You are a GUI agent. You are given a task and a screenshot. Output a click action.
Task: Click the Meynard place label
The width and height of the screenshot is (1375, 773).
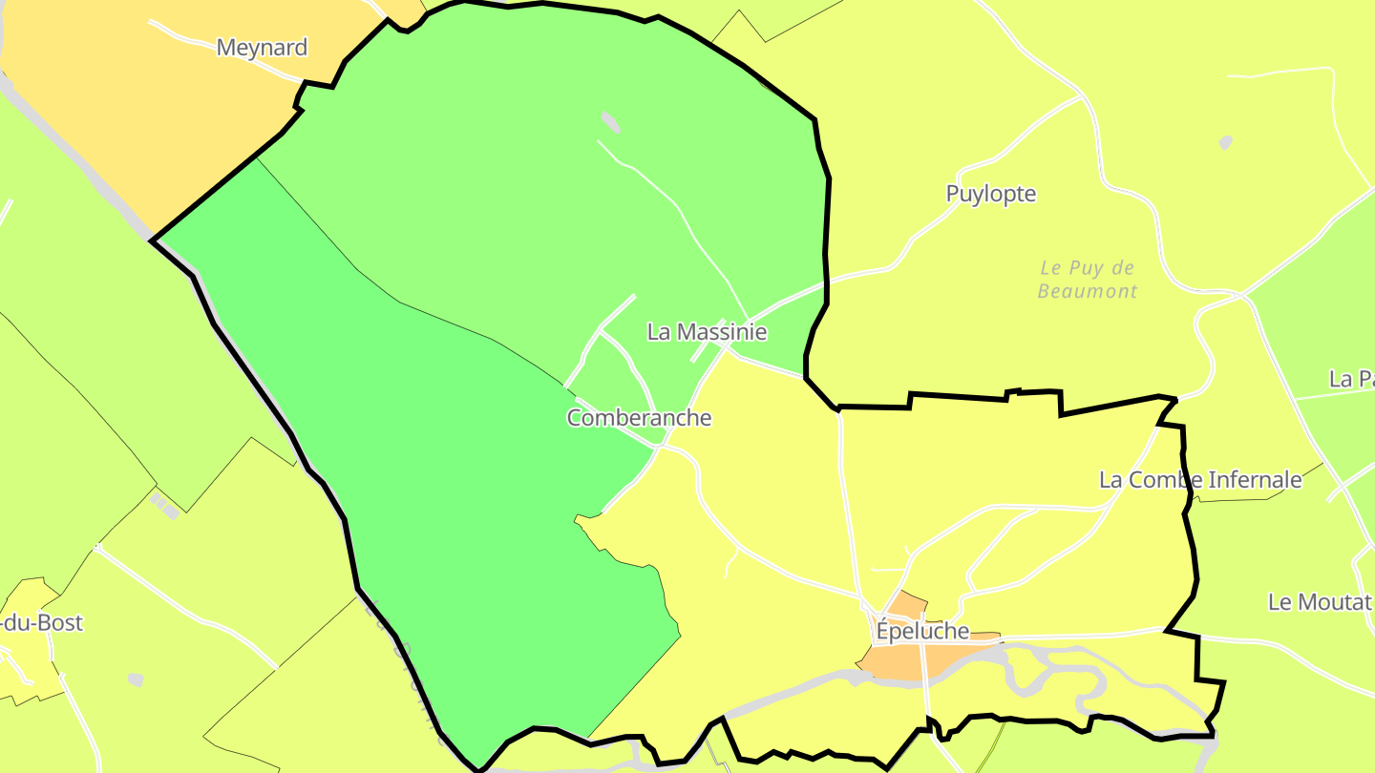click(x=262, y=48)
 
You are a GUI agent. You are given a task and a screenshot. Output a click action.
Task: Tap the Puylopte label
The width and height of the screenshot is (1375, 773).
click(x=990, y=194)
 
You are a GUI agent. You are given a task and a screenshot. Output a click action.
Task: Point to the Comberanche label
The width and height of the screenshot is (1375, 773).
click(x=639, y=418)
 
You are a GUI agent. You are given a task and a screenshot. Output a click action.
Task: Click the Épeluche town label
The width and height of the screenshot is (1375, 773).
click(x=921, y=632)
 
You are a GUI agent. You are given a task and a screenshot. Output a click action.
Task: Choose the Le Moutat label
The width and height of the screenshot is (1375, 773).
click(x=1319, y=602)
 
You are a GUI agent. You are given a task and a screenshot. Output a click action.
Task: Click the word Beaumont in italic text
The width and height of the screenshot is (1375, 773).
click(x=1088, y=291)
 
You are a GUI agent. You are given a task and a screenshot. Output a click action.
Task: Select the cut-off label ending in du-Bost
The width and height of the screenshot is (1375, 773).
click(x=42, y=623)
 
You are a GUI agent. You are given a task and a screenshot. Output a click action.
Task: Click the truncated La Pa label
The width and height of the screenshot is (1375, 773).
click(x=1351, y=379)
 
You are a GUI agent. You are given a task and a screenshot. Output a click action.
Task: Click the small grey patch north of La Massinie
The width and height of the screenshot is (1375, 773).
click(x=610, y=121)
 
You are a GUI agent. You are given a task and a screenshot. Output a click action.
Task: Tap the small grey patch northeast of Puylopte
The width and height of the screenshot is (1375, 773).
click(x=1225, y=143)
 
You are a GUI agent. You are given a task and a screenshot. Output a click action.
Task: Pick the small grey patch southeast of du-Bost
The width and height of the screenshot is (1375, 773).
click(x=136, y=679)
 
